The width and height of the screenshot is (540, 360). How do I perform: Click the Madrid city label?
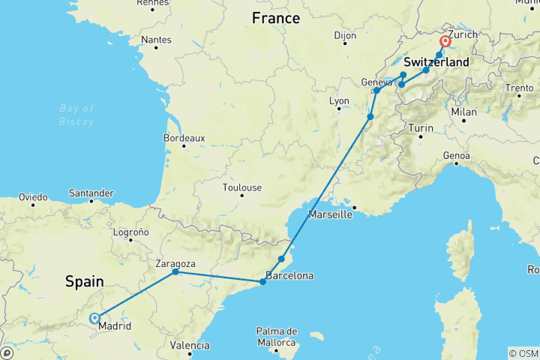[115, 326]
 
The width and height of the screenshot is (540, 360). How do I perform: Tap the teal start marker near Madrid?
[94, 318]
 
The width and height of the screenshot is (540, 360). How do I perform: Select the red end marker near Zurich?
[445, 42]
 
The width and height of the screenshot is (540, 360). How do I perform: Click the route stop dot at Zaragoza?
[175, 271]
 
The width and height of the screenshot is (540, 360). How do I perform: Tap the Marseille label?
[330, 215]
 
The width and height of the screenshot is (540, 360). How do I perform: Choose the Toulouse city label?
[241, 187]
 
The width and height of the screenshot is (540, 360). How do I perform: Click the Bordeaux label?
[184, 138]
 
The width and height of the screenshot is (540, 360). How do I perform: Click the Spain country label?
[85, 281]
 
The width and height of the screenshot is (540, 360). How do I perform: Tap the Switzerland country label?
[436, 61]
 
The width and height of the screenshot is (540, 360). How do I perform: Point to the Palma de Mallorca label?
[276, 337]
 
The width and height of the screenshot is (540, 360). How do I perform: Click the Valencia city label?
[189, 346]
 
